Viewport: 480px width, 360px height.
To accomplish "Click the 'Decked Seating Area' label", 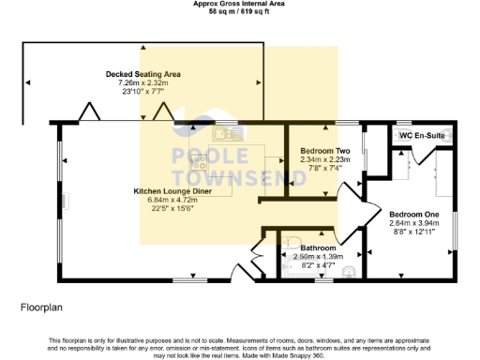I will (x=142, y=74).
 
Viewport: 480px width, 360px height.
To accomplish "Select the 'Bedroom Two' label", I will (x=325, y=151).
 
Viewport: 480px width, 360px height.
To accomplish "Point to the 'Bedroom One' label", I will (x=414, y=214).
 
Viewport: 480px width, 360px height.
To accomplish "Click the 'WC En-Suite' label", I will (x=421, y=136).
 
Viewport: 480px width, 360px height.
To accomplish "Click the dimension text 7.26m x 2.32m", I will (x=142, y=82).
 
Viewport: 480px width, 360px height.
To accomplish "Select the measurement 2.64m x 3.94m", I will (x=414, y=223).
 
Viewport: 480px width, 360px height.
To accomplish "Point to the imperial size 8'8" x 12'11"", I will (x=414, y=232).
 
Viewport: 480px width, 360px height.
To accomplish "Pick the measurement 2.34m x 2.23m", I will (x=325, y=159).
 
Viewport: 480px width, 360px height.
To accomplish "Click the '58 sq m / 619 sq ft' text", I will (x=238, y=11).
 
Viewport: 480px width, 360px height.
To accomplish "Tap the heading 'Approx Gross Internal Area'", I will (x=238, y=4).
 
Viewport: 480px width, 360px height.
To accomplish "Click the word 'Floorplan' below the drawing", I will (x=42, y=307).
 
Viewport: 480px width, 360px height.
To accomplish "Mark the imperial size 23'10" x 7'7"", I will (x=142, y=91).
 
